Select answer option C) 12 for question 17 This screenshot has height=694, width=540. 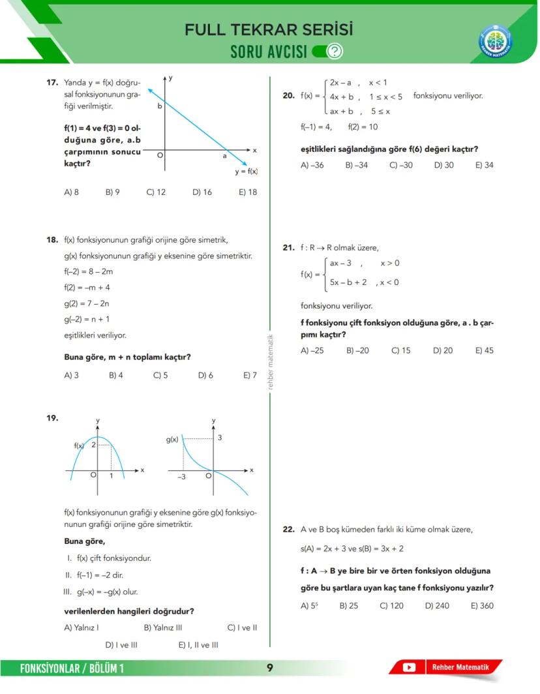(x=156, y=192)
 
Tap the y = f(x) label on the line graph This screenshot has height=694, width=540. (x=247, y=172)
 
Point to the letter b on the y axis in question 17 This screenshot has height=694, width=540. (x=158, y=105)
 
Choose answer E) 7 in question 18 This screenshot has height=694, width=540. (x=250, y=376)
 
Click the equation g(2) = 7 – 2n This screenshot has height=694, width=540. (x=87, y=303)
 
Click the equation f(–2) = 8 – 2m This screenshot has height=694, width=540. (x=89, y=271)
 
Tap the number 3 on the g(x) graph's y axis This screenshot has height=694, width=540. (x=220, y=438)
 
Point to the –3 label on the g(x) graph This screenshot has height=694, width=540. (x=182, y=477)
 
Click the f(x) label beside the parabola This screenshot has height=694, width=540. (x=79, y=445)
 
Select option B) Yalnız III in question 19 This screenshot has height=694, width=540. (x=162, y=627)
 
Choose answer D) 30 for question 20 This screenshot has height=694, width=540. (x=443, y=165)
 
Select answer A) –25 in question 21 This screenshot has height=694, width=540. (x=312, y=350)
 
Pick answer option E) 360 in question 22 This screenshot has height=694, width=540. (x=482, y=605)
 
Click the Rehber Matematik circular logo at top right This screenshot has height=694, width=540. (x=495, y=40)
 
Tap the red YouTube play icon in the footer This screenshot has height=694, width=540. (x=409, y=667)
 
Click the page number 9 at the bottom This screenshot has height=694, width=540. (x=269, y=667)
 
